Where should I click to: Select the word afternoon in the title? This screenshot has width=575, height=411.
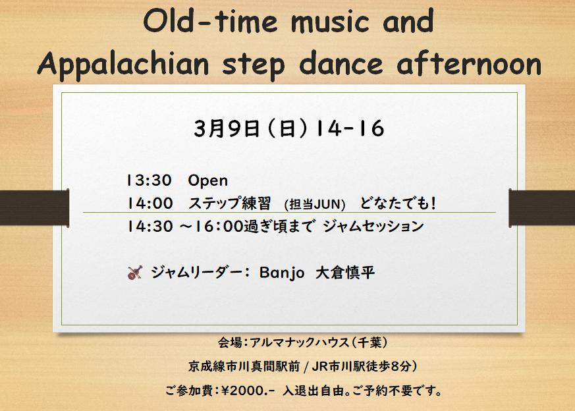click(x=469, y=63)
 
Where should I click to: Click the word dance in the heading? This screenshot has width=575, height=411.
click(x=341, y=63)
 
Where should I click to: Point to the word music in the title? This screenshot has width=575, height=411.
click(x=330, y=22)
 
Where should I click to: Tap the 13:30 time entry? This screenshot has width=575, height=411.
click(x=150, y=180)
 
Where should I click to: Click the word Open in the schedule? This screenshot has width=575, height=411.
click(x=208, y=181)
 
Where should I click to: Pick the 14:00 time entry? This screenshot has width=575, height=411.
click(x=150, y=204)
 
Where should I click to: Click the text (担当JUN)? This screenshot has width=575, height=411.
click(x=315, y=204)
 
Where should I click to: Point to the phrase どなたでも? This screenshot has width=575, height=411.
click(x=398, y=203)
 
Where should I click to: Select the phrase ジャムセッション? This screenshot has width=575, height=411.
click(x=373, y=226)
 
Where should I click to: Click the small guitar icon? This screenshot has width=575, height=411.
click(x=135, y=273)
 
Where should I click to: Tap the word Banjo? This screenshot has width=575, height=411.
click(x=282, y=273)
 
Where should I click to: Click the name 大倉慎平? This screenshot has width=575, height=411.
click(x=345, y=273)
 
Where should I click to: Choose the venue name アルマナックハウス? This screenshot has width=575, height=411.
click(x=300, y=342)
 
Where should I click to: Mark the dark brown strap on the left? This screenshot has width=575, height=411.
click(x=34, y=208)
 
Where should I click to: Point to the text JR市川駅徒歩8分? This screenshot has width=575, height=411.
click(x=361, y=366)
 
